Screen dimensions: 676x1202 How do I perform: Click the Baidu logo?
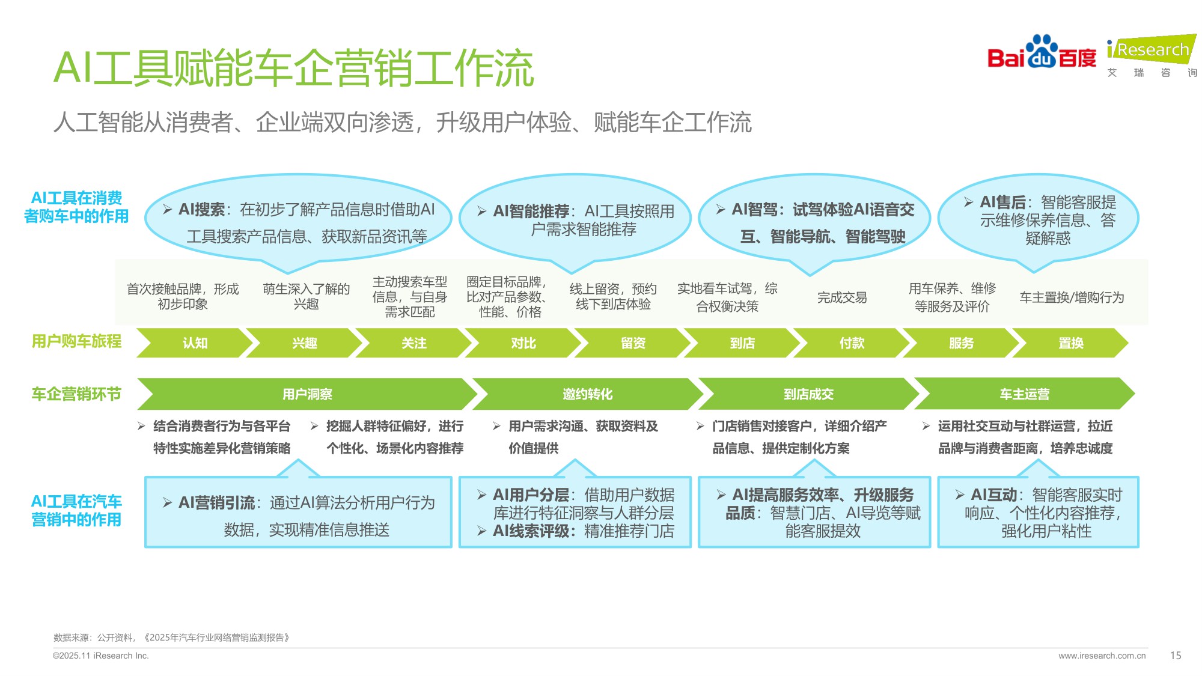pyautogui.click(x=1042, y=53)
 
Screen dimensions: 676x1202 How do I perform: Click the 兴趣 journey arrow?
pyautogui.click(x=304, y=343)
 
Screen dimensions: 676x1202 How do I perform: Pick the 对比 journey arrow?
pyautogui.click(x=523, y=343)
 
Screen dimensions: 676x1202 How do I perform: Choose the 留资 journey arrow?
pyautogui.click(x=633, y=343)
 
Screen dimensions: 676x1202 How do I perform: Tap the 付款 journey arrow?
pyautogui.click(x=852, y=343)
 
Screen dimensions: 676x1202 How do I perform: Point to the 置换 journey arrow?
pyautogui.click(x=1070, y=343)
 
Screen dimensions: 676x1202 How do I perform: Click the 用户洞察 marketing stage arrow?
pyautogui.click(x=307, y=394)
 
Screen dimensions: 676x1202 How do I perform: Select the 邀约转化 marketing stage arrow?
pyautogui.click(x=587, y=394)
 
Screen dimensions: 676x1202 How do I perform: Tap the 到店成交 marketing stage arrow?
pyautogui.click(x=808, y=394)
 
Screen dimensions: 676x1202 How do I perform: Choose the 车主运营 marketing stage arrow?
pyautogui.click(x=1024, y=394)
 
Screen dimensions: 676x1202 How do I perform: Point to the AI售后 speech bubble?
pyautogui.click(x=1039, y=220)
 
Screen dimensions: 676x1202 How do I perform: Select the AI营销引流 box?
pyautogui.click(x=298, y=513)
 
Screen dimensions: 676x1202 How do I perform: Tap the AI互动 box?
pyautogui.click(x=1039, y=513)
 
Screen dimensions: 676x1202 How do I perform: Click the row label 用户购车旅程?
pyautogui.click(x=76, y=341)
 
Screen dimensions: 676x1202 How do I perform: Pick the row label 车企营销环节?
pyautogui.click(x=76, y=394)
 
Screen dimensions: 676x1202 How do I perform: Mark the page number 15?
pyautogui.click(x=1176, y=656)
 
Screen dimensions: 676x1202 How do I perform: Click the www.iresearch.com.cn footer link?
pyautogui.click(x=1102, y=656)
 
